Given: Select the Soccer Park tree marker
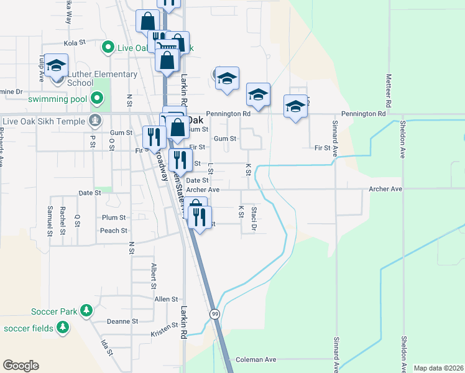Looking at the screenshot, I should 86,310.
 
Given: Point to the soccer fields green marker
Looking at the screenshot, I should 63,326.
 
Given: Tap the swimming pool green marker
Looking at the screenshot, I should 96,98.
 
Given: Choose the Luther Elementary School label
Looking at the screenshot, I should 102,78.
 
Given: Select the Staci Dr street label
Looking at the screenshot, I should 254,219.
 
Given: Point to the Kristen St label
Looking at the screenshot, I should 164,334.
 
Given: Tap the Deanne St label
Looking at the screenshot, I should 122,321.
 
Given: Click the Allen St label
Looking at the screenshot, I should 166,299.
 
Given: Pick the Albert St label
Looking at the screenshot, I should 153,275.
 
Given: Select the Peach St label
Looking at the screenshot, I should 113,230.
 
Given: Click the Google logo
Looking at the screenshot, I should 21,366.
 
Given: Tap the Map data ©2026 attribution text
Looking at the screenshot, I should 439,368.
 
